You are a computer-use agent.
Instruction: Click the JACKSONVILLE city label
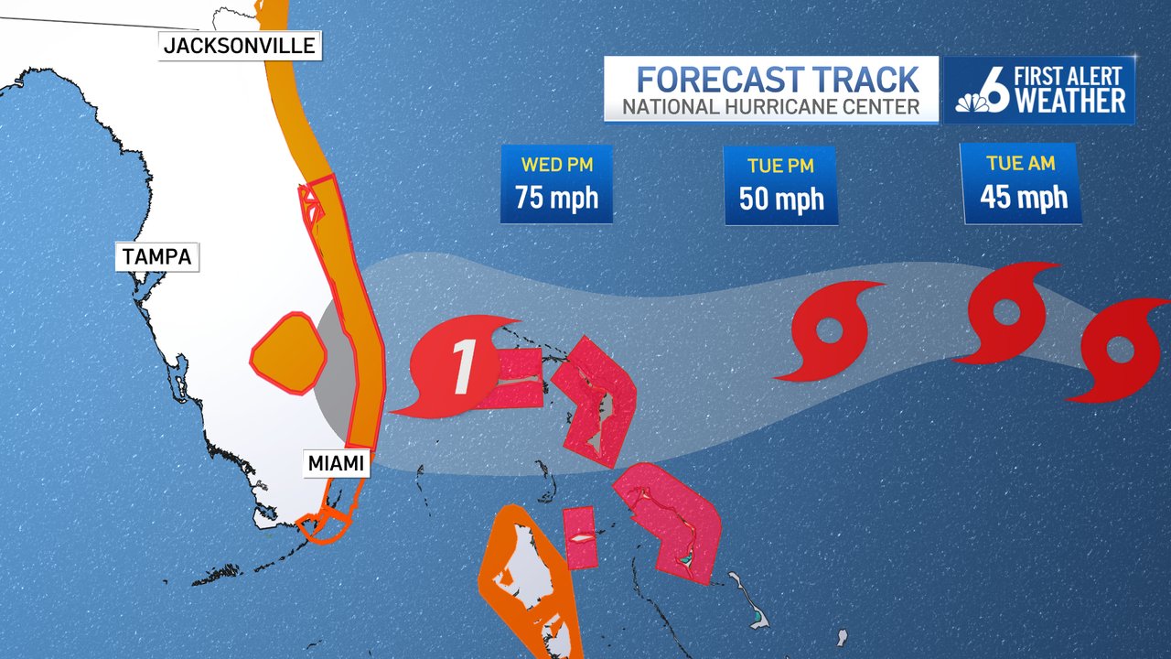tap(240, 45)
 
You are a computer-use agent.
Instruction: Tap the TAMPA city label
tap(157, 256)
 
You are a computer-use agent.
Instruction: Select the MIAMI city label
tap(336, 463)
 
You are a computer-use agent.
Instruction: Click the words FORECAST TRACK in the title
tap(778, 79)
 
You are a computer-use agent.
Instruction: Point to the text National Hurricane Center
tap(771, 107)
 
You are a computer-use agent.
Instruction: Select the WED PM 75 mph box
tap(556, 184)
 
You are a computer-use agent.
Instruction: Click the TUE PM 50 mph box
tap(781, 185)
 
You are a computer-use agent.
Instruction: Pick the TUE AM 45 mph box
tap(1023, 182)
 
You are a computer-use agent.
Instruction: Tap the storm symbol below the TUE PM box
tap(829, 330)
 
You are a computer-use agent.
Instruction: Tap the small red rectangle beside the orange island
tap(579, 537)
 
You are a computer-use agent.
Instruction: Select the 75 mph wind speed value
tap(556, 197)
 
